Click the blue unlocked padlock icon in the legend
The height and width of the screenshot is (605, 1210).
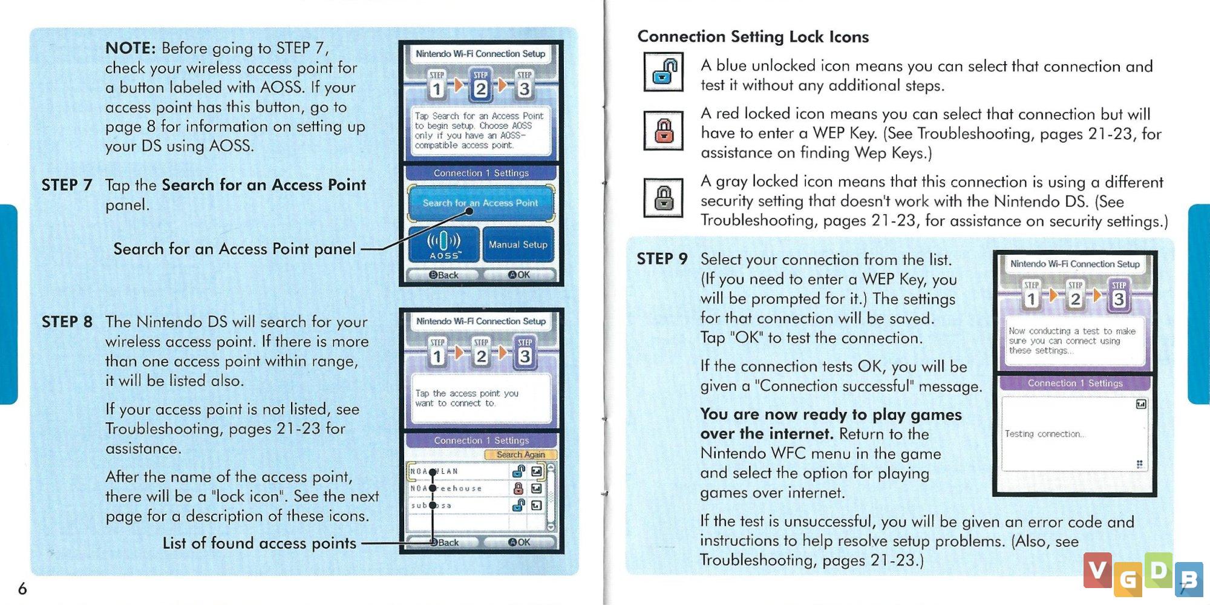click(664, 71)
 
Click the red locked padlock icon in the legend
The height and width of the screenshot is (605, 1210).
click(664, 131)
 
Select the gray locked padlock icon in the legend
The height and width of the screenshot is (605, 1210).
click(664, 198)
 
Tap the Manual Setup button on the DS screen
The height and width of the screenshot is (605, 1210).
click(518, 244)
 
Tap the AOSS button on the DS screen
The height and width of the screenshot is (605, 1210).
click(444, 245)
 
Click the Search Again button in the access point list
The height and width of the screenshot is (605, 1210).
click(520, 454)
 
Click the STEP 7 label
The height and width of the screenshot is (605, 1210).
click(67, 185)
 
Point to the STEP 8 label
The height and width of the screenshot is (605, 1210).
click(67, 322)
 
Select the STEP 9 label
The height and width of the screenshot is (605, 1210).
click(662, 259)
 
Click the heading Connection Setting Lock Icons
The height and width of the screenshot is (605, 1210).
click(753, 37)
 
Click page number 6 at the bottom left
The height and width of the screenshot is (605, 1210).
click(22, 588)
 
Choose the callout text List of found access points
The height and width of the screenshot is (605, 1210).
click(259, 543)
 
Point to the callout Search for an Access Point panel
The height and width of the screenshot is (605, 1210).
click(234, 249)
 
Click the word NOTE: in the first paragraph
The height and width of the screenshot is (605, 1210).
click(131, 48)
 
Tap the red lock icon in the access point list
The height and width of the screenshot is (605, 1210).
click(518, 488)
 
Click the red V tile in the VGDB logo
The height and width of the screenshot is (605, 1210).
click(1097, 570)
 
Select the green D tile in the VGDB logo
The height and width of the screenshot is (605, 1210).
click(1158, 570)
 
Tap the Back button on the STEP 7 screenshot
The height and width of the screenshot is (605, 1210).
click(444, 275)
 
